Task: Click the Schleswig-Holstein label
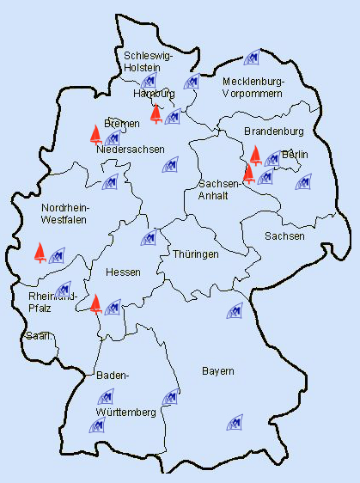pos(149,62)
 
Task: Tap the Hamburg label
pos(155,93)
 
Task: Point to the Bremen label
pos(121,124)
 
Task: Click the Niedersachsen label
pos(131,150)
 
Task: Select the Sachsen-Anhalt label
pos(220,190)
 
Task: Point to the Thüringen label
pos(196,254)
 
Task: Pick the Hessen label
pos(123,272)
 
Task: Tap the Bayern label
pos(218,371)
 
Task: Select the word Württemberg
pos(126,413)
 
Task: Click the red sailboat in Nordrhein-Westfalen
pos(40,252)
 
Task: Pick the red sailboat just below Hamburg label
pos(156,114)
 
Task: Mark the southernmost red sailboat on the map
pos(96,303)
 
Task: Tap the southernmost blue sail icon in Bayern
pos(234,423)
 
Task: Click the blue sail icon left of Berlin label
pos(272,159)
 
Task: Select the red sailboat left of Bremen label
pos(95,133)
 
